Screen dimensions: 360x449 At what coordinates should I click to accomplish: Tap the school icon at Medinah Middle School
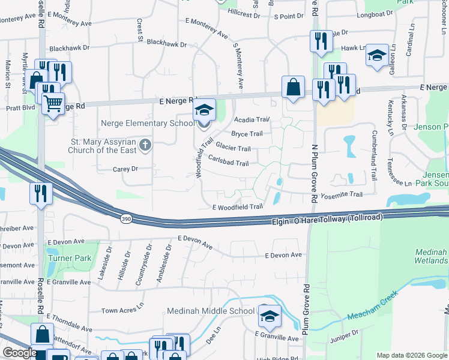270,316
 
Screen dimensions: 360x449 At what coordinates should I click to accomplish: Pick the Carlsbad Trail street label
228,163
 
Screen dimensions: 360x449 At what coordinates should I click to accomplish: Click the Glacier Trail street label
233,148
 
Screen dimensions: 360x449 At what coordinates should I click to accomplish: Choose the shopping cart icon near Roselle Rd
53,104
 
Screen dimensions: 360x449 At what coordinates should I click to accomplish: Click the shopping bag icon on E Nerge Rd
293,87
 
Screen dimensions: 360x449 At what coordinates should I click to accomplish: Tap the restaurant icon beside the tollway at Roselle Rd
40,193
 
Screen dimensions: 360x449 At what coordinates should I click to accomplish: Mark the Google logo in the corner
19,353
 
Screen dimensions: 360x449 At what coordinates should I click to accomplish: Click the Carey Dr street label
125,169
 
